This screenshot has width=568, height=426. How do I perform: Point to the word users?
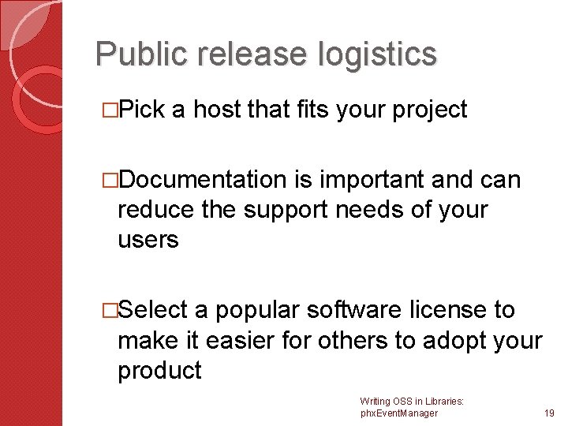point(148,240)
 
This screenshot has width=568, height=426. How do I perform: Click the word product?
point(160,370)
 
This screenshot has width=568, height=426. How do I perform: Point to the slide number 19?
point(549,413)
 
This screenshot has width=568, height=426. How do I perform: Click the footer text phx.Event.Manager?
point(398,413)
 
